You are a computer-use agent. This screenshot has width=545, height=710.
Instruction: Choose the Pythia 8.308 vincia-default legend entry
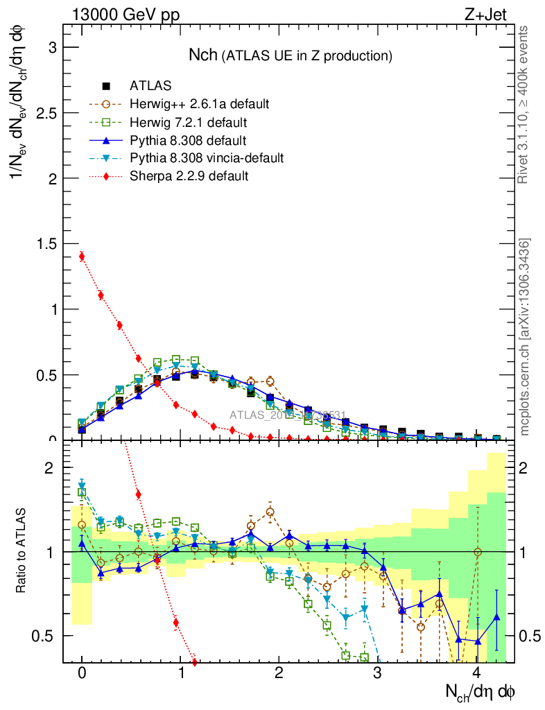(207, 158)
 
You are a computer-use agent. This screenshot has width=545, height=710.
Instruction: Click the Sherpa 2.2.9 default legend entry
(189, 176)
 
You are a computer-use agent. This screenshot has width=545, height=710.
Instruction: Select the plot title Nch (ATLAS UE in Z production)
(291, 55)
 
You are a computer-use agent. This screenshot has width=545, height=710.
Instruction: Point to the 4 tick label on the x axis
(476, 673)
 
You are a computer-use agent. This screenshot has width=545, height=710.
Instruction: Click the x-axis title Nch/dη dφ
(481, 691)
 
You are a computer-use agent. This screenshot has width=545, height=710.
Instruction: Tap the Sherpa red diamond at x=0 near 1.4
(82, 257)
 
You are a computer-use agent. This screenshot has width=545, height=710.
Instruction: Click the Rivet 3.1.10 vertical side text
(524, 105)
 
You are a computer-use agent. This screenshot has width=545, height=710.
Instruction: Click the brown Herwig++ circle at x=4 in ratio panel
(477, 552)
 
